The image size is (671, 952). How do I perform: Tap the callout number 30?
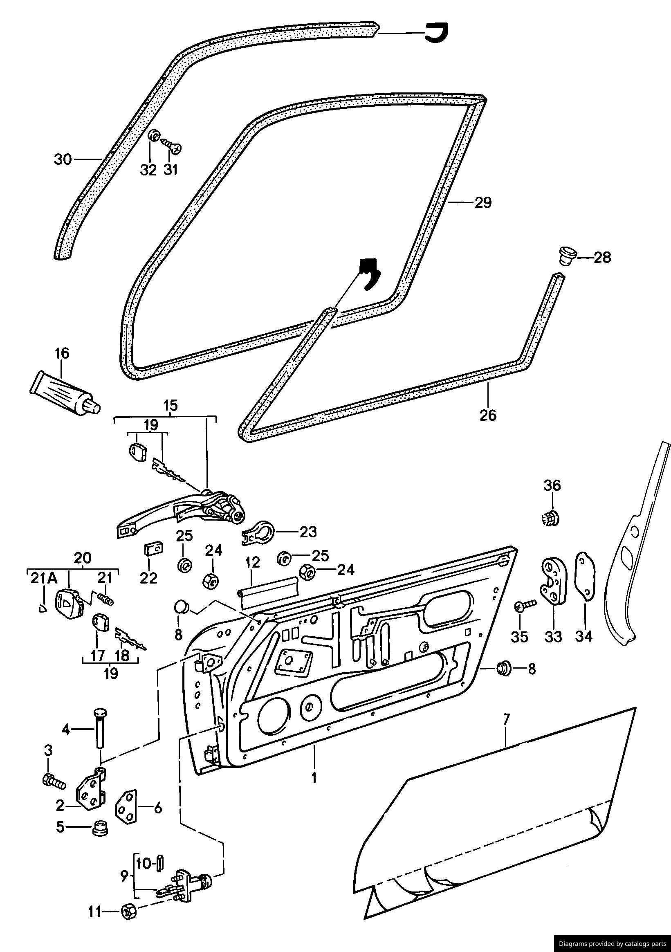point(63,159)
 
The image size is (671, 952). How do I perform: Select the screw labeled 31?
point(172,146)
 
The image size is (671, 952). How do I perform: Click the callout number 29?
point(482,203)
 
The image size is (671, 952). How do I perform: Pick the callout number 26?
point(488,415)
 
